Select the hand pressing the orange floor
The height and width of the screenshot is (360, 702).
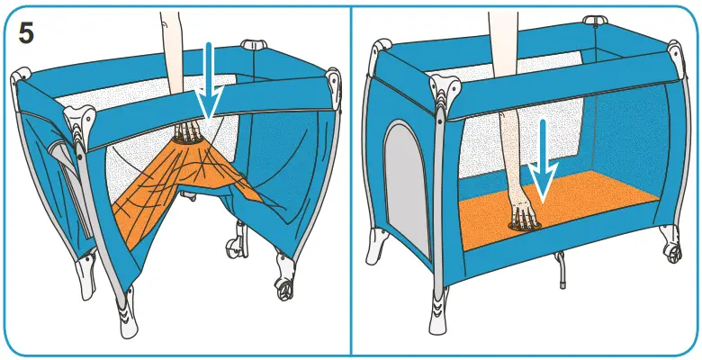coord(521,214)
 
